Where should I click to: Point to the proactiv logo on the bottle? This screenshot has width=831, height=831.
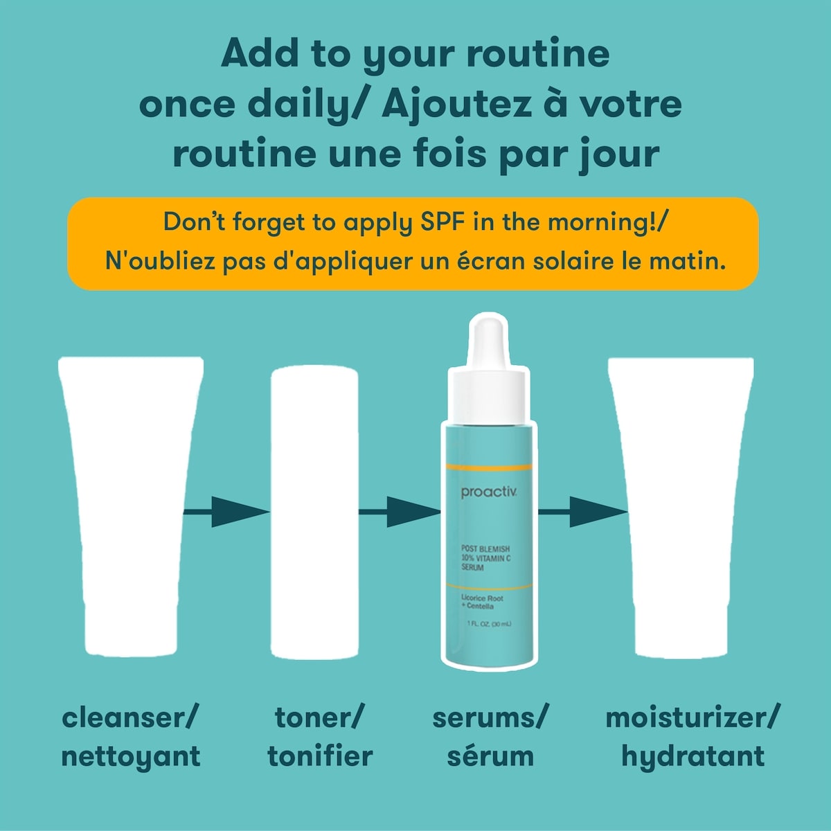(489, 493)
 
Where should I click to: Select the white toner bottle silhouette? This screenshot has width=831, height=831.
(314, 512)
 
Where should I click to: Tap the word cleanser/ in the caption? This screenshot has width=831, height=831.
(130, 717)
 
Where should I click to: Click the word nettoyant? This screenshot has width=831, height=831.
(130, 756)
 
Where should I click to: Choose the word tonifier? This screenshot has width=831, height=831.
(320, 756)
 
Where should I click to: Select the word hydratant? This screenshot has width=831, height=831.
(692, 756)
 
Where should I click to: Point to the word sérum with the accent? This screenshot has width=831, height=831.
(490, 756)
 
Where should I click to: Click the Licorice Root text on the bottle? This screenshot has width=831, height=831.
(482, 598)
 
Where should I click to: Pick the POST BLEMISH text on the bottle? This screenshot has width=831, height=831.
(485, 549)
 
